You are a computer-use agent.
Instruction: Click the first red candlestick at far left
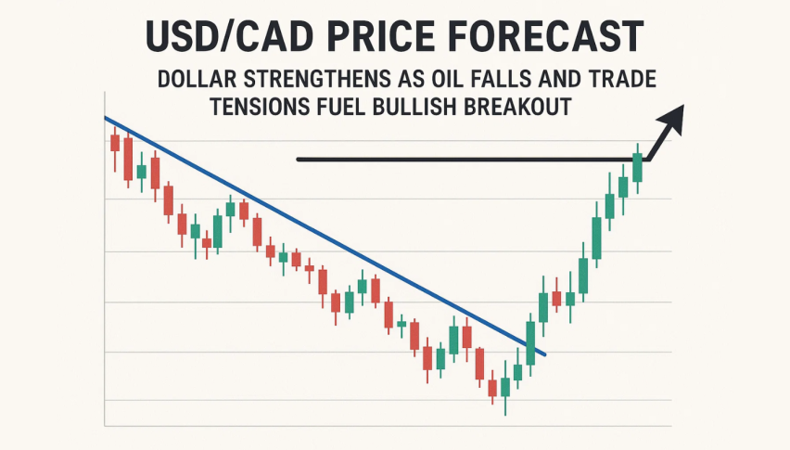pos(115,143)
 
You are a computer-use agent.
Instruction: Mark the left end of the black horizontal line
pos(298,160)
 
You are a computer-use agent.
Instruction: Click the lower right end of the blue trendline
pos(544,354)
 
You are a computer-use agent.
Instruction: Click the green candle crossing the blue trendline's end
pos(531,342)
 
